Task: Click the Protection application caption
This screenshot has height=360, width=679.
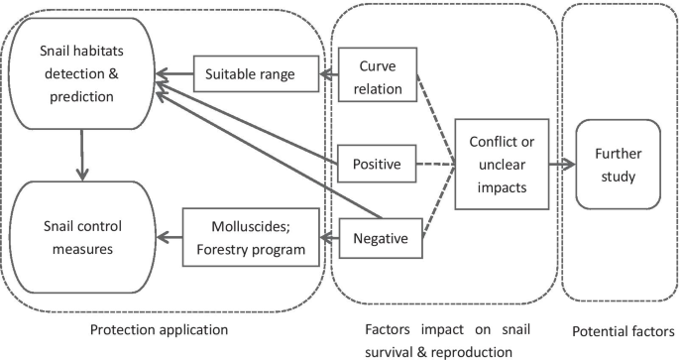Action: tap(161, 328)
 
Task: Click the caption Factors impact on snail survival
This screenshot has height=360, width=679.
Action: tap(442, 328)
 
